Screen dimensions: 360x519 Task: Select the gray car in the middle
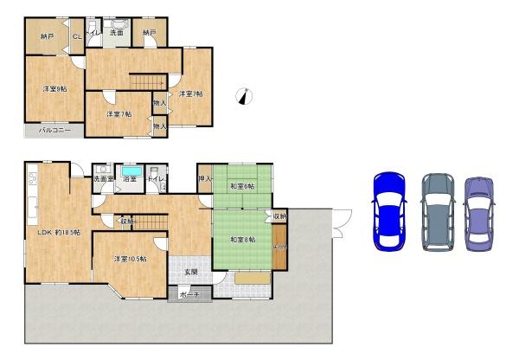coord(438,212)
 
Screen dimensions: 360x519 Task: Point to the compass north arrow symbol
coord(246,97)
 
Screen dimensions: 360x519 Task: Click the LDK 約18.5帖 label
coord(58,232)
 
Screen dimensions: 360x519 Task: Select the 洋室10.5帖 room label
coord(130,259)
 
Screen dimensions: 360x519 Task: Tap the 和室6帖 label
coord(241,187)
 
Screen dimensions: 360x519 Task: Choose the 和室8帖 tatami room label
coord(242,239)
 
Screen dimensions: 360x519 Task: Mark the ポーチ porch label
coord(189,295)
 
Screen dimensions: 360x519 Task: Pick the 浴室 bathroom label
coord(131,179)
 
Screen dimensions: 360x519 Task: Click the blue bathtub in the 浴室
coord(131,170)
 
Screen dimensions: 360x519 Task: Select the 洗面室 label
coord(103,179)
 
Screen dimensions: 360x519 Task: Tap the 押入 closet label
coord(204,179)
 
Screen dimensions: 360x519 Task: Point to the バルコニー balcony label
coord(54,131)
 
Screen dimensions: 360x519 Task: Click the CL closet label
coord(77,36)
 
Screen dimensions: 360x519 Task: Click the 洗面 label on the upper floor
coord(117,32)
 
